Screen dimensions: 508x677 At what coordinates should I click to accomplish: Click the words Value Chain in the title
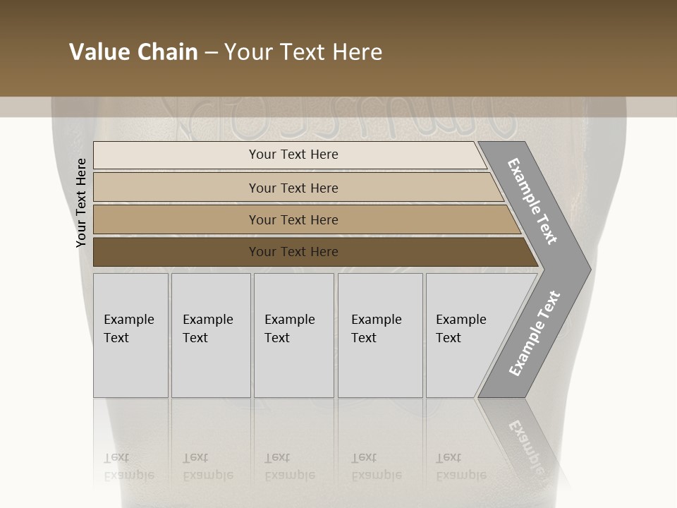coord(133,52)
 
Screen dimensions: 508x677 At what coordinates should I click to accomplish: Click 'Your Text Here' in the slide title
coord(303,52)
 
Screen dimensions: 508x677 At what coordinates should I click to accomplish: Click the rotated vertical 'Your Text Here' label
coord(81,203)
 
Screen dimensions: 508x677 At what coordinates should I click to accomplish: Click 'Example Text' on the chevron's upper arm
coord(532,202)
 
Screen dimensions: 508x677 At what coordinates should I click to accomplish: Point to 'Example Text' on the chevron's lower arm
coord(535,334)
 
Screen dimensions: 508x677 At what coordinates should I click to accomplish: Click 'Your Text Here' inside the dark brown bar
coord(293,252)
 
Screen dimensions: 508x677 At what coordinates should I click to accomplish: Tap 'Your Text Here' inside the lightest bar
coord(293,155)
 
